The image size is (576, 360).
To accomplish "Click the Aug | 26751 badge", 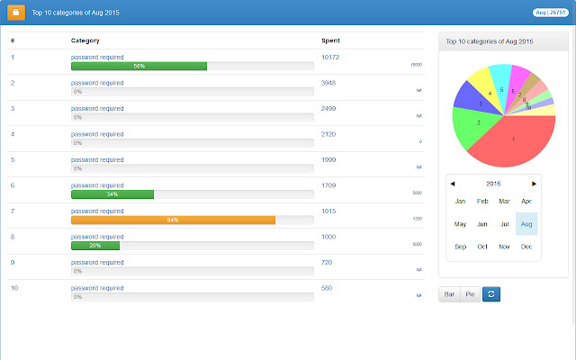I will (552, 13).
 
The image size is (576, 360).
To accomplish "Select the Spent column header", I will (330, 41).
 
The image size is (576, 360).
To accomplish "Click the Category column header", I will (85, 41).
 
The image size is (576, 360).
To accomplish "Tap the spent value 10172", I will (329, 58).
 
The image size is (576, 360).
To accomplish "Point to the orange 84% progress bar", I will (173, 220).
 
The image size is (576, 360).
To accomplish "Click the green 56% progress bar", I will (139, 66).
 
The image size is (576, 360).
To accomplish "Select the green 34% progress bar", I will (112, 194).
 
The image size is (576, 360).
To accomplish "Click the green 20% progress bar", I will (95, 246).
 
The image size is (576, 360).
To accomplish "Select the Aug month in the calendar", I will (526, 224).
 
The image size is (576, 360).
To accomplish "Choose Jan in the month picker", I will (461, 202).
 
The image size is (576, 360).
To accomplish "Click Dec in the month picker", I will (526, 247).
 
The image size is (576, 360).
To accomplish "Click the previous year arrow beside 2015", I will (453, 184).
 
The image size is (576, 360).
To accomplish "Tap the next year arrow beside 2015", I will (535, 184).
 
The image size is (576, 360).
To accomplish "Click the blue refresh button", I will (491, 294).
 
